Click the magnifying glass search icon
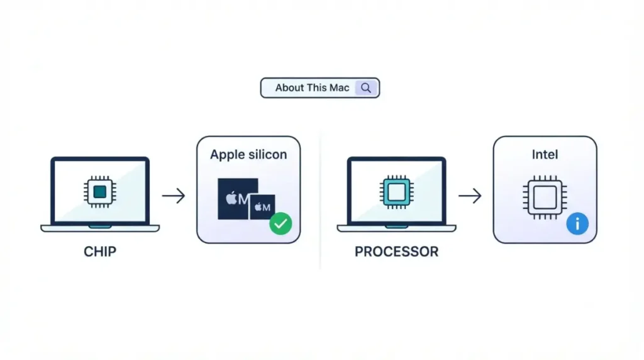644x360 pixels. tap(366, 88)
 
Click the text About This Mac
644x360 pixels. tap(312, 88)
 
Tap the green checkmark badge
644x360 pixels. tap(280, 223)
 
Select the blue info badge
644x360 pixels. tap(577, 223)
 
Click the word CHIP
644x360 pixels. tap(100, 252)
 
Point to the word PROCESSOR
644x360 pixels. tap(396, 252)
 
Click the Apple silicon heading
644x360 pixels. tap(248, 155)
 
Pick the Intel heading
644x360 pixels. tap(545, 155)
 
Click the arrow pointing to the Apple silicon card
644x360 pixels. tap(174, 196)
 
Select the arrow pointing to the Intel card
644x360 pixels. tap(470, 196)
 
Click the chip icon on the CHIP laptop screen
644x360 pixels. tap(100, 192)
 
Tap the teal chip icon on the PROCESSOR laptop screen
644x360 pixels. tap(396, 192)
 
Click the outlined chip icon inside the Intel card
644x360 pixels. tap(545, 198)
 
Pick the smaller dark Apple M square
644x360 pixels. tap(262, 207)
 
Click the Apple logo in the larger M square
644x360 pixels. tap(231, 198)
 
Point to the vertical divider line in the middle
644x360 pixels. tap(320, 201)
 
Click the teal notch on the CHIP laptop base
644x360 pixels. tap(100, 227)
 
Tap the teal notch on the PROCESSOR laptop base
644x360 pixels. tap(396, 227)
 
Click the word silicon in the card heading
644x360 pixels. tap(267, 155)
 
